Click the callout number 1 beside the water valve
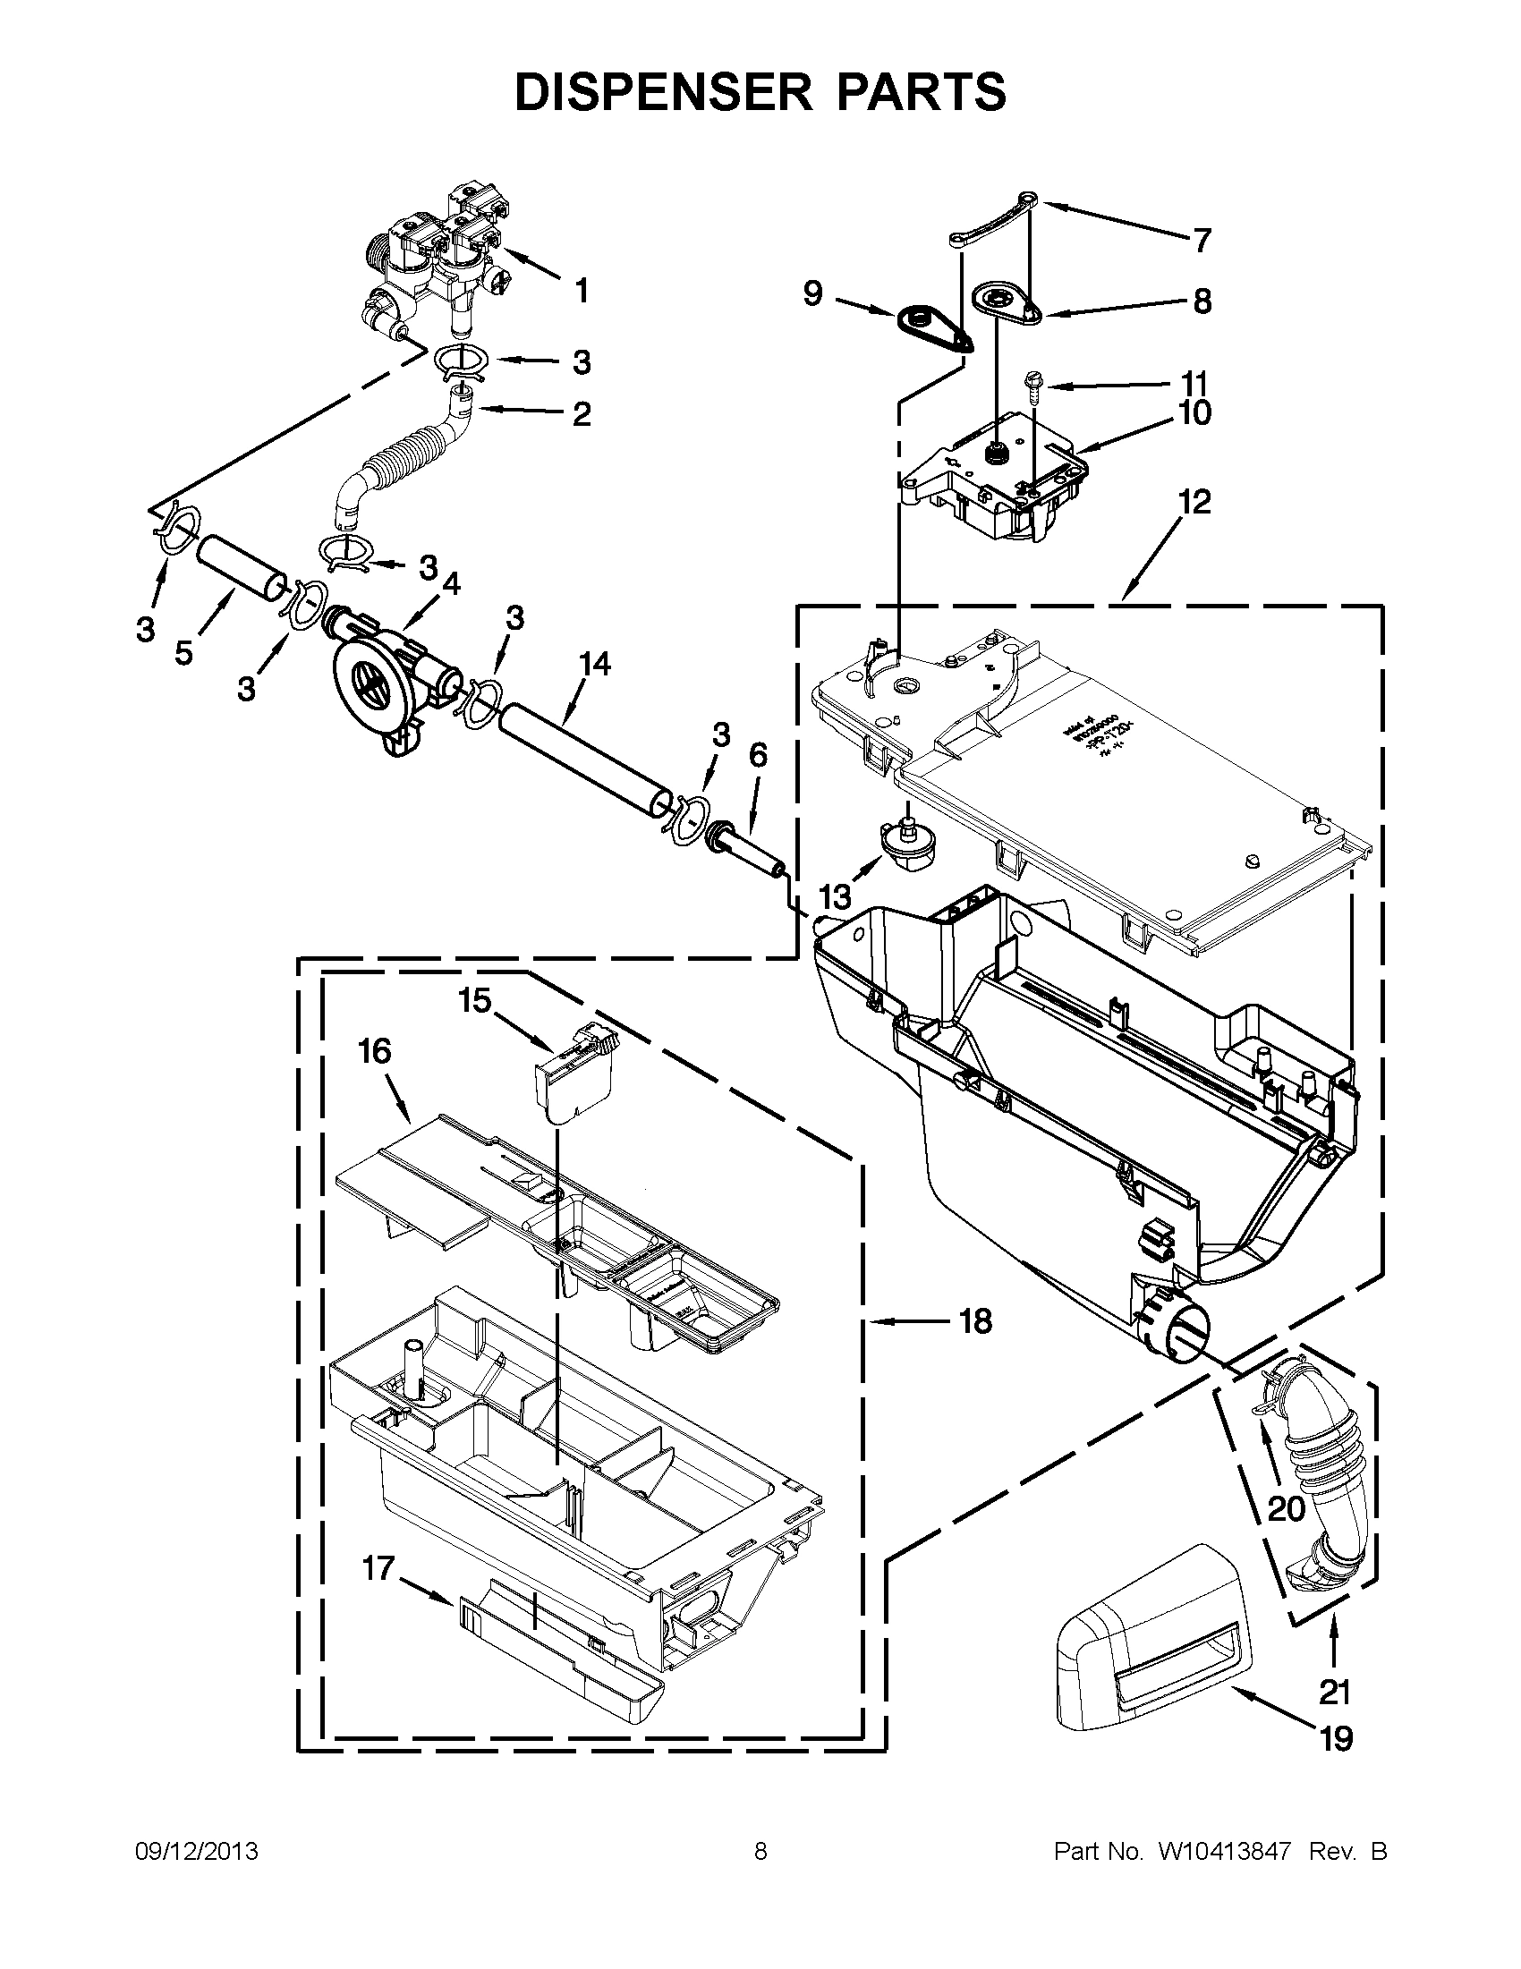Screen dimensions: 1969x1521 click(x=582, y=291)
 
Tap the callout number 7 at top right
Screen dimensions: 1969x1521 click(x=1201, y=241)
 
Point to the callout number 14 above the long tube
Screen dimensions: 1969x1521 click(x=595, y=665)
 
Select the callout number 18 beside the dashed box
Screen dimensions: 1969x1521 click(x=974, y=1321)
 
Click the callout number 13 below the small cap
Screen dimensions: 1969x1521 click(x=835, y=897)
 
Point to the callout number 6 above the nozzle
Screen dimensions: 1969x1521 click(x=757, y=756)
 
